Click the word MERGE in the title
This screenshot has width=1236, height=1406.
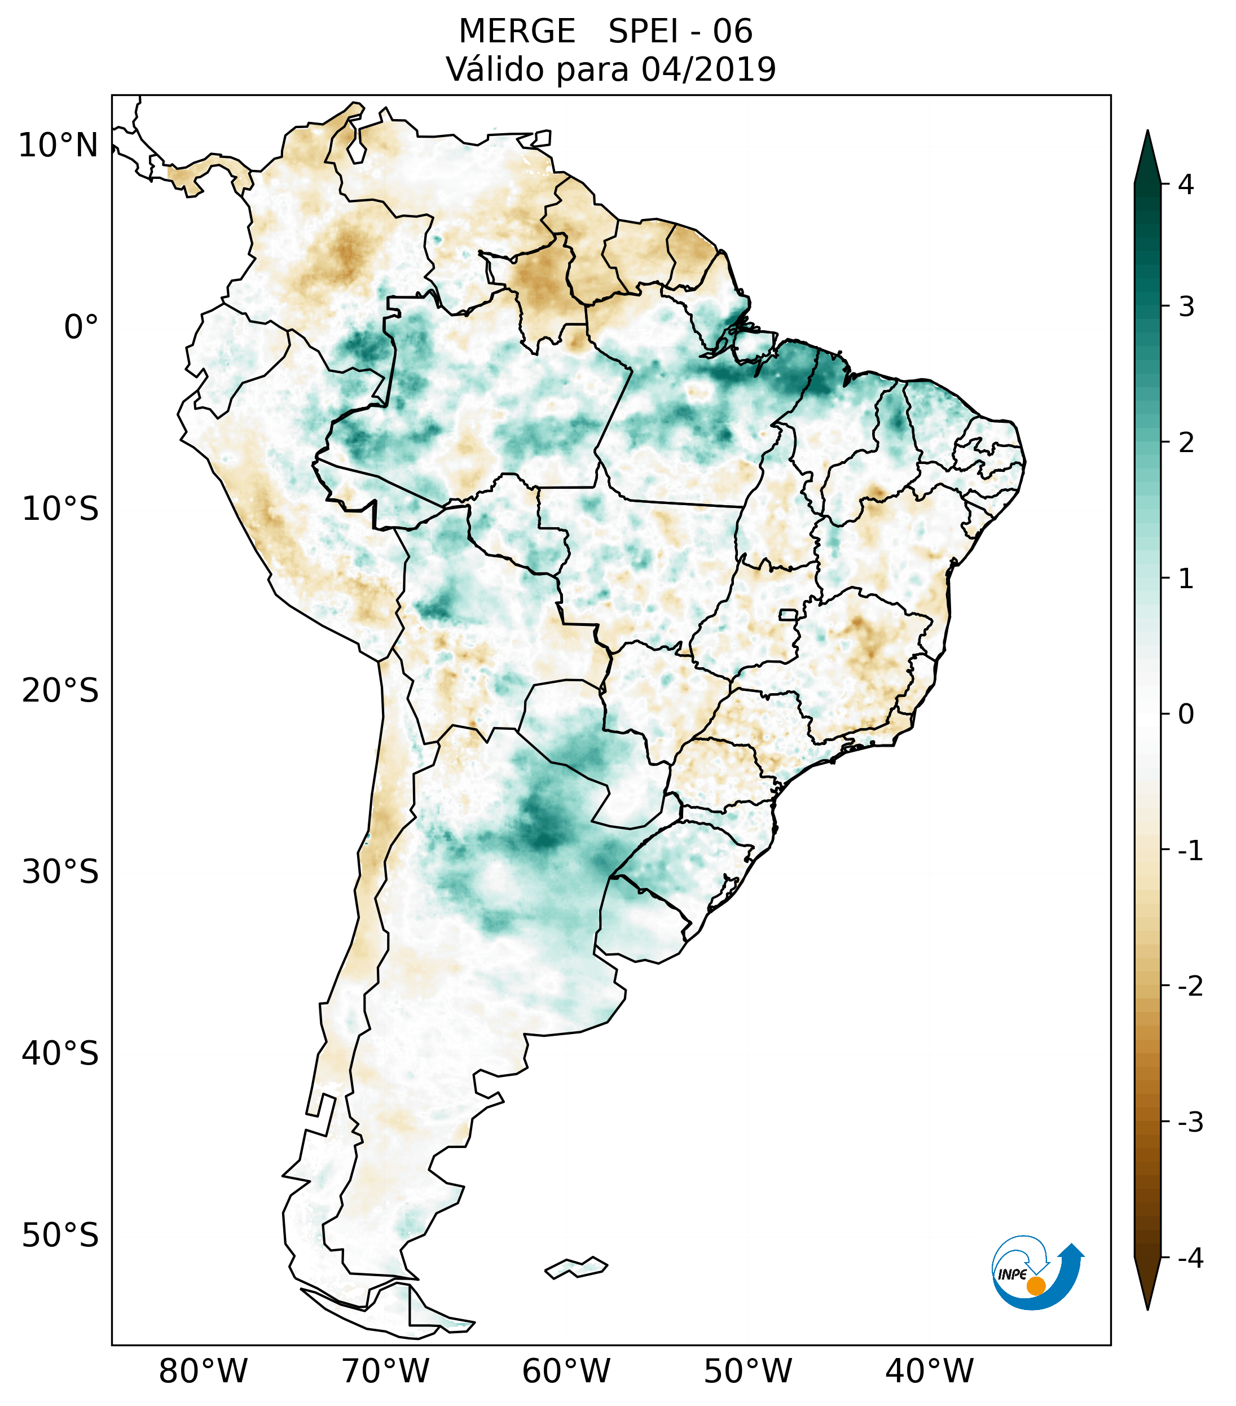pos(517,32)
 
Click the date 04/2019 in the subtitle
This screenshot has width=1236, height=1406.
pos(708,69)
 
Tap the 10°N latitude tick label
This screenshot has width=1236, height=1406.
pos(59,146)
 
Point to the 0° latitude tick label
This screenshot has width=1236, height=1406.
pos(81,327)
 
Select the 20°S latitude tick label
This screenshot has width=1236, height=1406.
pos(60,691)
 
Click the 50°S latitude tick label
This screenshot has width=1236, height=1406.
pos(60,1236)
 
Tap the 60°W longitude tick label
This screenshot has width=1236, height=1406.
pos(566,1371)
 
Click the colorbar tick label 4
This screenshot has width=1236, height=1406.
pos(1186,185)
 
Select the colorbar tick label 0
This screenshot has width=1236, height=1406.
pos(1186,715)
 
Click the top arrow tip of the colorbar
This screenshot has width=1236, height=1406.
pos(1147,132)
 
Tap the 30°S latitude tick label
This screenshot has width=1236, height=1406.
pos(60,872)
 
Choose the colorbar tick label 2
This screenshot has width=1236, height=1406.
pos(1186,443)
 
